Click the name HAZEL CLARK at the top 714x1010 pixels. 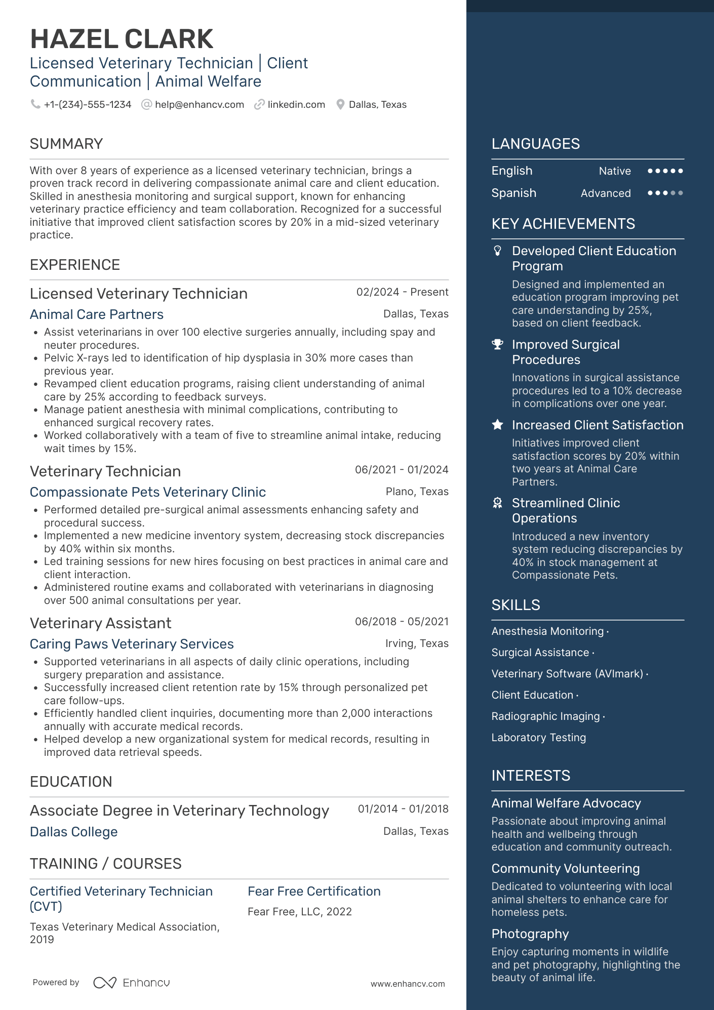(x=122, y=39)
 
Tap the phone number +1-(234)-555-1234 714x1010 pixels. (x=88, y=105)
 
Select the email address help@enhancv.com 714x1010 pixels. (x=200, y=105)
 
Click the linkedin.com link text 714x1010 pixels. (x=296, y=105)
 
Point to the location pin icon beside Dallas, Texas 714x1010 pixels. (x=341, y=105)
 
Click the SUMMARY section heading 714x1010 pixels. (x=66, y=144)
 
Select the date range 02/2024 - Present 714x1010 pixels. (x=402, y=292)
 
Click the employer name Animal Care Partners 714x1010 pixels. (x=97, y=314)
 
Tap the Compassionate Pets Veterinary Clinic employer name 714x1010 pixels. (x=148, y=492)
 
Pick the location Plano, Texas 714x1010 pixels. (x=417, y=492)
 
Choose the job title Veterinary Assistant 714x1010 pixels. (x=101, y=623)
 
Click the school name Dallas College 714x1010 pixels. (x=74, y=832)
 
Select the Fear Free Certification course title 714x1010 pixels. (x=314, y=891)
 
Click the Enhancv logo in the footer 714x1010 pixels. (x=132, y=983)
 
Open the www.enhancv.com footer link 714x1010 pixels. (x=408, y=984)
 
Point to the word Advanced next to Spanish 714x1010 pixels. (x=606, y=193)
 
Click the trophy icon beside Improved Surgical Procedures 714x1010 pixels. (x=498, y=345)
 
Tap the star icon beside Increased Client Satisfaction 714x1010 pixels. (x=498, y=425)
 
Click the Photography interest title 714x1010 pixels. (x=530, y=934)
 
